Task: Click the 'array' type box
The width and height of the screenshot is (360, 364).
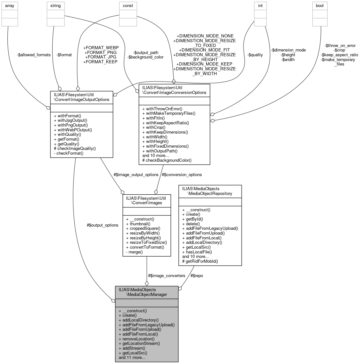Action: tap(10, 6)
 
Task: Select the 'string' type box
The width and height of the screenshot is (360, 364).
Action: tap(55, 6)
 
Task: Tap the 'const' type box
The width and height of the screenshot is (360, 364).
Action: tap(128, 6)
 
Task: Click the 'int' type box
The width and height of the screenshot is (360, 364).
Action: tap(260, 6)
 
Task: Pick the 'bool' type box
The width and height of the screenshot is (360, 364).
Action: tap(320, 6)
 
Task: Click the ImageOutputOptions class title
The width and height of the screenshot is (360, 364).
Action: tap(82, 97)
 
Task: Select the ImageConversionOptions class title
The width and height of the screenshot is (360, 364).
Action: tap(174, 90)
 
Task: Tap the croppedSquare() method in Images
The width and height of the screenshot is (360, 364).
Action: tap(143, 228)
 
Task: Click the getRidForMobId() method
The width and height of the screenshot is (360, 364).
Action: tap(200, 261)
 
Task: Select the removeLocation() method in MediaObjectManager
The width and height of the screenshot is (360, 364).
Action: tap(136, 339)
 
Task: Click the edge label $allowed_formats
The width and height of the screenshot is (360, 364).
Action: tap(34, 55)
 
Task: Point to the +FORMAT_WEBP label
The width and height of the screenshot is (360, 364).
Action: tap(101, 48)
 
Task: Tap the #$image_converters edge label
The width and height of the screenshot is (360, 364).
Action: tap(166, 275)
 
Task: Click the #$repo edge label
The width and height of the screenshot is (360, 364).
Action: tap(196, 275)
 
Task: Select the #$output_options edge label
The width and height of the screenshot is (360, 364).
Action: tap(102, 225)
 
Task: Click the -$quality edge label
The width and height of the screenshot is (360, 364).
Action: tap(255, 55)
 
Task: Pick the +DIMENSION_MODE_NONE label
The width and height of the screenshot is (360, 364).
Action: tap(205, 36)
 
